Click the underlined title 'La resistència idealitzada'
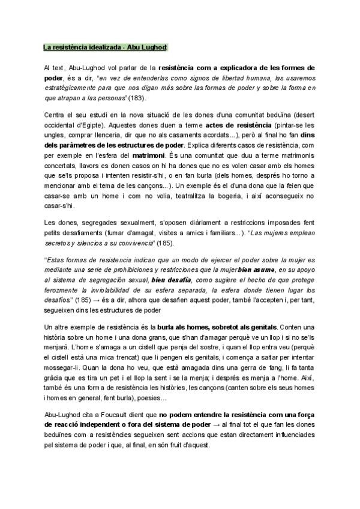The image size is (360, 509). click(x=82, y=47)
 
